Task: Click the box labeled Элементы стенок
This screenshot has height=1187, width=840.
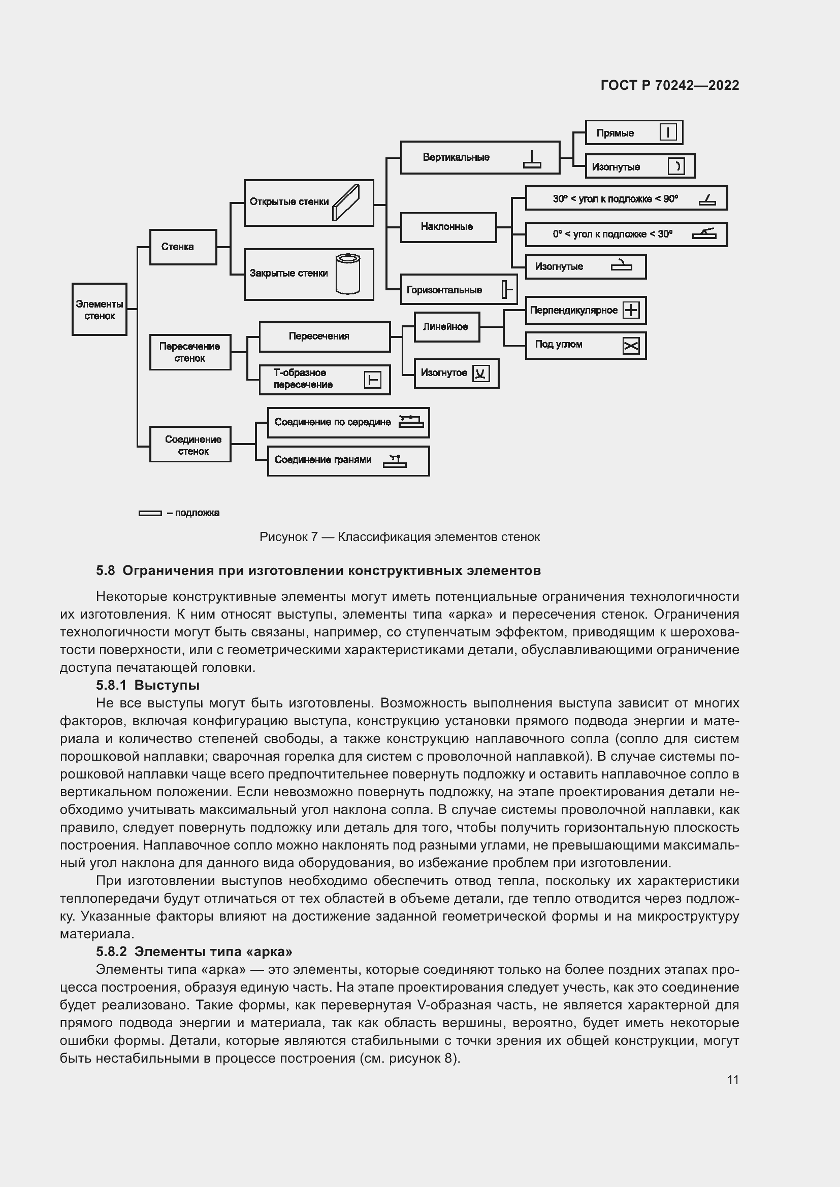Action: tap(100, 309)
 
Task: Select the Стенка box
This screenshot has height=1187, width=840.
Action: tap(183, 247)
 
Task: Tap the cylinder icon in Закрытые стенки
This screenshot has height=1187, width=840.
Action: tap(347, 274)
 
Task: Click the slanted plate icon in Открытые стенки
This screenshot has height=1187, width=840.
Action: tap(345, 202)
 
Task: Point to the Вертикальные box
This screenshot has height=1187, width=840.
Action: tap(479, 158)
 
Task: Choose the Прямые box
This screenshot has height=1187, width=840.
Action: tap(634, 133)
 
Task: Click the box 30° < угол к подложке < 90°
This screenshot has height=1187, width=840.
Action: tap(626, 198)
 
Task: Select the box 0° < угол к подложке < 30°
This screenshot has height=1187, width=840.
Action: tap(626, 234)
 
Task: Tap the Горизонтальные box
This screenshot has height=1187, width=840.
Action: tap(458, 289)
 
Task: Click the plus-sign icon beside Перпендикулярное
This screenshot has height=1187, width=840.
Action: tap(631, 310)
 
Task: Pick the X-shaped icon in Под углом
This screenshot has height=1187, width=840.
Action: tap(631, 346)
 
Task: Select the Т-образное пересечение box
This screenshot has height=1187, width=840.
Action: tap(325, 379)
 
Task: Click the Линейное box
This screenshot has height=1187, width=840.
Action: tap(446, 327)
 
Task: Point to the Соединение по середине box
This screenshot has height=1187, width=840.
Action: tap(348, 422)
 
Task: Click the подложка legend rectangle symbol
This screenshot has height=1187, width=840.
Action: tap(150, 513)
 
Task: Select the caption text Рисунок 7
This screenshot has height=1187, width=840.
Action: tap(288, 537)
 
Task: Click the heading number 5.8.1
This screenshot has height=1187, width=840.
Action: tap(111, 686)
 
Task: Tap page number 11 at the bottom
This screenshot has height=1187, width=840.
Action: tap(732, 1080)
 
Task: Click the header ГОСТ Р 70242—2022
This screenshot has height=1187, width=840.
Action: tap(669, 85)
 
